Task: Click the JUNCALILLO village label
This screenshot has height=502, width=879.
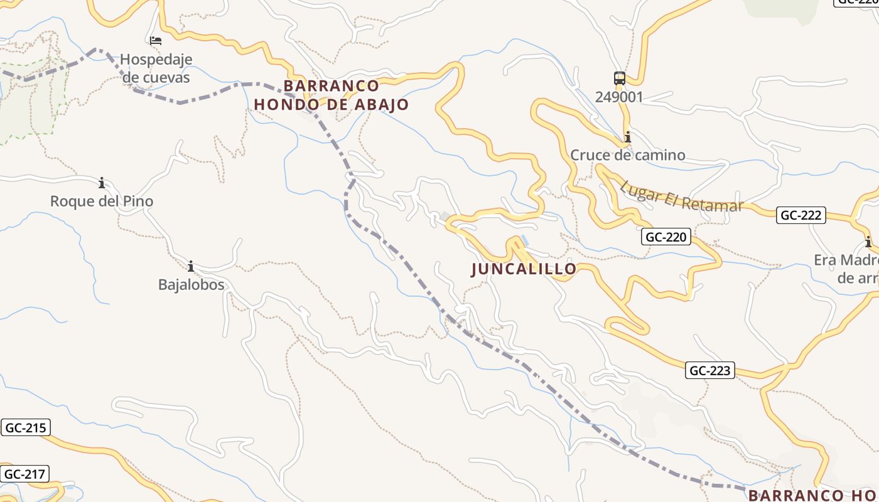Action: point(524,269)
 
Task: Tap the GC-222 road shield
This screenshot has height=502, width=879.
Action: point(801,215)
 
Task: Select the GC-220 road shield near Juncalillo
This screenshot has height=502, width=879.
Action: point(666,237)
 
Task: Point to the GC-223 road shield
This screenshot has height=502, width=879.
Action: point(710,371)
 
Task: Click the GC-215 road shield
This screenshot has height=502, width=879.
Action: point(25,428)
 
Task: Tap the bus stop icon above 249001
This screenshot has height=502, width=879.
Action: point(620,78)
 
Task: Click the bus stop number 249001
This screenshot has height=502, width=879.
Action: point(619,97)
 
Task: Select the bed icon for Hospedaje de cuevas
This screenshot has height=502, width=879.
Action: point(156,41)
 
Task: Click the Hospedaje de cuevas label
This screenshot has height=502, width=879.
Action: point(156,68)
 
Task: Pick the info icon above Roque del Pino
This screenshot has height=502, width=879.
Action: point(102,183)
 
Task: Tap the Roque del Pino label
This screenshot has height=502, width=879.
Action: point(102,201)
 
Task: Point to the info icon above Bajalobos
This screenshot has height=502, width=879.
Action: point(191,266)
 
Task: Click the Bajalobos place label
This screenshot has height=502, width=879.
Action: point(191,284)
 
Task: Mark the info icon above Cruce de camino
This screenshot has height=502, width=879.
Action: point(627,137)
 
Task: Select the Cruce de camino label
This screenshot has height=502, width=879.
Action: point(627,155)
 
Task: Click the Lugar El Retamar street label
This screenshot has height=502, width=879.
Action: point(681,197)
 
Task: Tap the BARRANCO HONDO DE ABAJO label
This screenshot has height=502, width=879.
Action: point(331,95)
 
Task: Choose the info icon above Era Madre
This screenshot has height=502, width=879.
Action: point(868,242)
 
